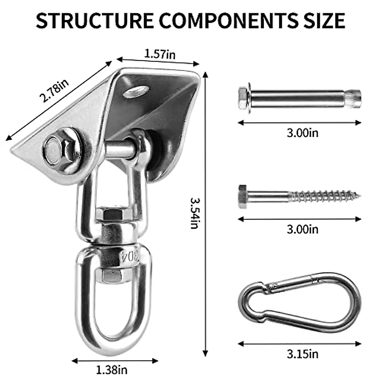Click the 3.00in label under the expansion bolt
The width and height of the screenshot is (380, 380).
(302, 133)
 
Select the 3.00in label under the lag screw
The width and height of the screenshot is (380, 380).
(302, 229)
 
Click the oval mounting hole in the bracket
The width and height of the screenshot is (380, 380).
(137, 92)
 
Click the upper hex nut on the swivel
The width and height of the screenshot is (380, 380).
(113, 215)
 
